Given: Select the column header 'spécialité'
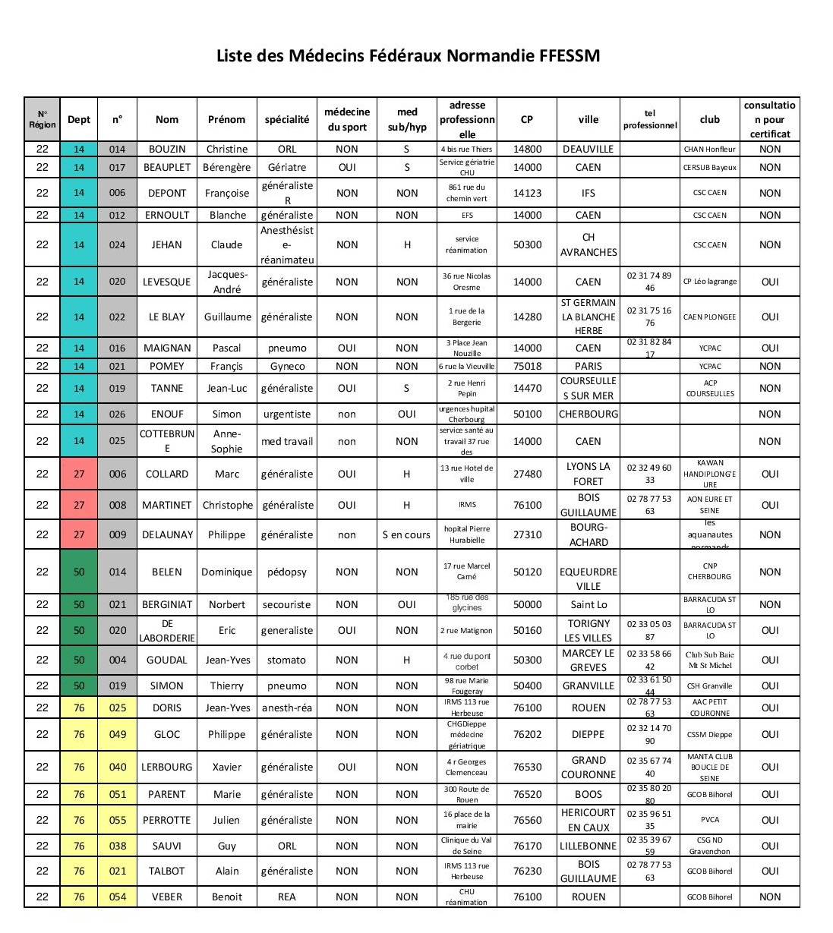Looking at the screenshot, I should tap(287, 119).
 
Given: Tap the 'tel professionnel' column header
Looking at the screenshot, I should tap(650, 119).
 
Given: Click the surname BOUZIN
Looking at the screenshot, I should tap(167, 150).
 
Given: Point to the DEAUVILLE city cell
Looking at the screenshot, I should tap(588, 150).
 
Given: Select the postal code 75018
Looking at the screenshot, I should tap(528, 366).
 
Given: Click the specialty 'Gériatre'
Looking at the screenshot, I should tap(287, 167).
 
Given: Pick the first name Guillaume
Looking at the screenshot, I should tap(227, 317).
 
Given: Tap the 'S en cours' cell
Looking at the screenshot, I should tap(406, 534).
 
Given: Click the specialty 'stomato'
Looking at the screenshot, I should tap(287, 660).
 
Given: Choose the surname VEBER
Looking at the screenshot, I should tap(167, 897).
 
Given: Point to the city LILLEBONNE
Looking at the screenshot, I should tap(588, 846).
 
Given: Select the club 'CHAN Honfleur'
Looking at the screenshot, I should tap(710, 150).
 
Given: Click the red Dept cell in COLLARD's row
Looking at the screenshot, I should tap(79, 474).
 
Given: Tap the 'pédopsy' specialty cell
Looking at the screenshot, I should tap(287, 572).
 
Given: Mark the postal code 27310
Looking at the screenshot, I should tap(528, 534).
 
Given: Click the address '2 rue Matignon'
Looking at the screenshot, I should tap(467, 630).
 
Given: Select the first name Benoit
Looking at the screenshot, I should tap(227, 897).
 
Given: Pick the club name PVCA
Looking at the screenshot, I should tap(710, 820).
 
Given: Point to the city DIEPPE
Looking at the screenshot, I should tap(588, 734).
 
